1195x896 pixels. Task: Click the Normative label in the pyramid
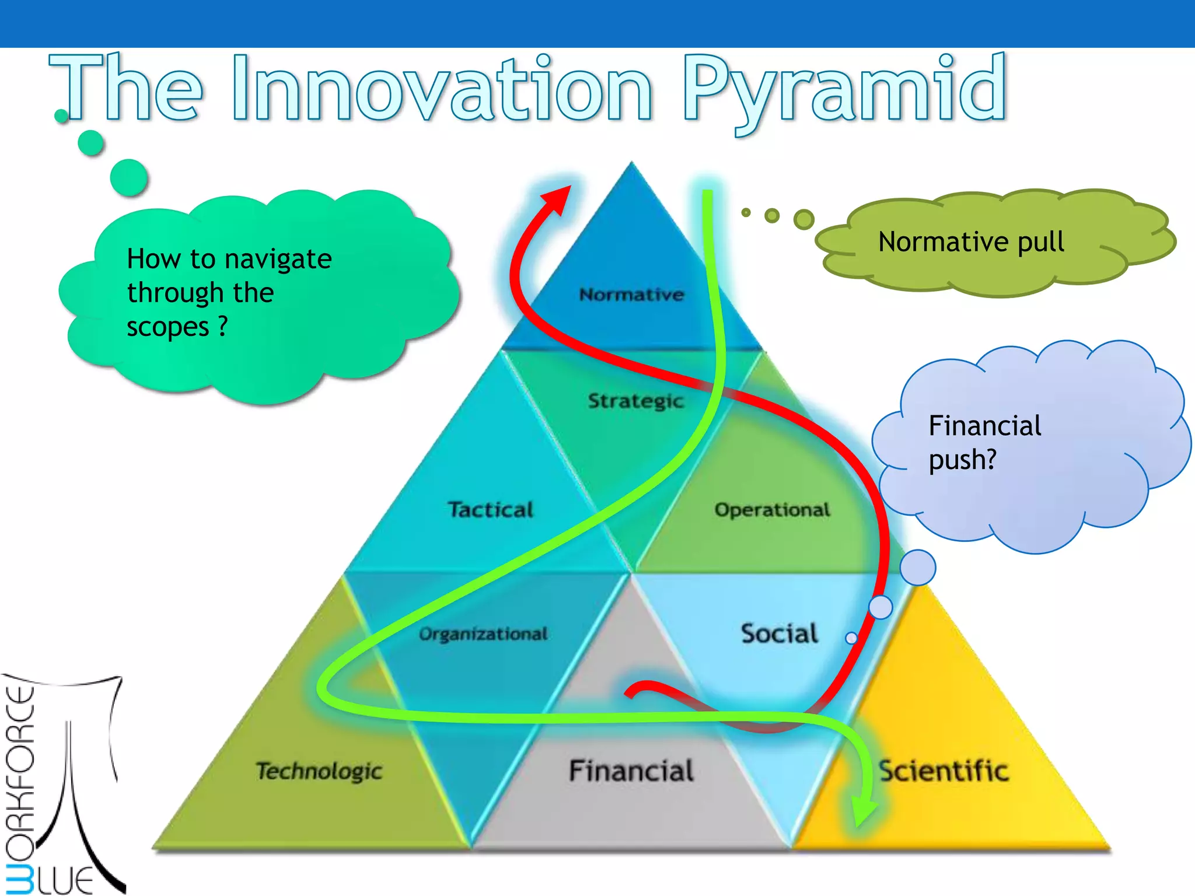pyautogui.click(x=631, y=295)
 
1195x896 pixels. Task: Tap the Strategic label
pyautogui.click(x=635, y=401)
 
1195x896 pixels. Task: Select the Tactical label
pyautogui.click(x=491, y=510)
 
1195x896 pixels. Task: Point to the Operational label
pyautogui.click(x=772, y=510)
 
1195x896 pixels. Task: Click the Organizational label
pyautogui.click(x=483, y=634)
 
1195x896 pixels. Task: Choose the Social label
pyautogui.click(x=780, y=633)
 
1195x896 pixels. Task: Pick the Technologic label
pyautogui.click(x=319, y=771)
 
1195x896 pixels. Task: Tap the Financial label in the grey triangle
pyautogui.click(x=631, y=771)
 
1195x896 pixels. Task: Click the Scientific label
pyautogui.click(x=944, y=771)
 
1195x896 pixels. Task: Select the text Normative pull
pyautogui.click(x=971, y=242)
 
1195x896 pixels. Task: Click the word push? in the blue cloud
pyautogui.click(x=962, y=460)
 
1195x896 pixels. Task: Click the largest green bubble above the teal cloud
pyautogui.click(x=129, y=177)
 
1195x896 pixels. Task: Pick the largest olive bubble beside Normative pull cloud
pyautogui.click(x=803, y=219)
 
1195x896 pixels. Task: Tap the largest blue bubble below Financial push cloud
pyautogui.click(x=917, y=568)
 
